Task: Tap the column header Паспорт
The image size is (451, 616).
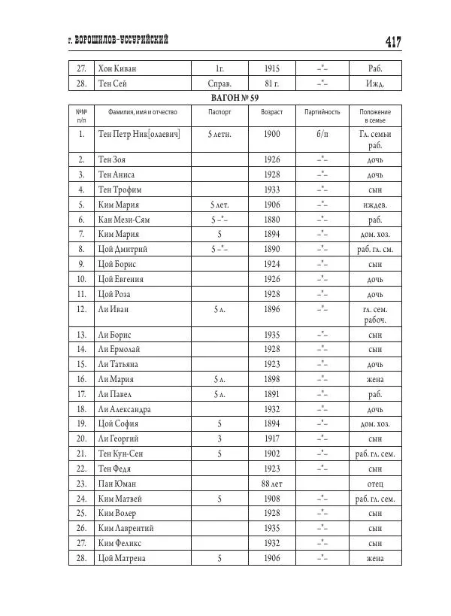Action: click(x=219, y=112)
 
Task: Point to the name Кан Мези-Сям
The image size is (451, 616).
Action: click(x=124, y=220)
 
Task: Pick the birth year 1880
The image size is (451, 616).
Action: click(x=272, y=220)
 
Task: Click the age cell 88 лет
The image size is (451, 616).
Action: click(x=272, y=483)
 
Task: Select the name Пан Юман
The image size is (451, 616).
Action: click(x=117, y=483)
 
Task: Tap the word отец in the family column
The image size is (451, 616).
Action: click(x=375, y=483)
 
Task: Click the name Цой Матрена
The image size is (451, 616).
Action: click(x=122, y=558)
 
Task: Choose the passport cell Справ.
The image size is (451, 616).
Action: click(x=219, y=84)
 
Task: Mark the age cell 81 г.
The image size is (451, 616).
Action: click(x=272, y=84)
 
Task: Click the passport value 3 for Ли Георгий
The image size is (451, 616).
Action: click(x=219, y=439)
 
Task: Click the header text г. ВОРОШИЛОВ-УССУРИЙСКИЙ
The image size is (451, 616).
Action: click(x=118, y=41)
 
